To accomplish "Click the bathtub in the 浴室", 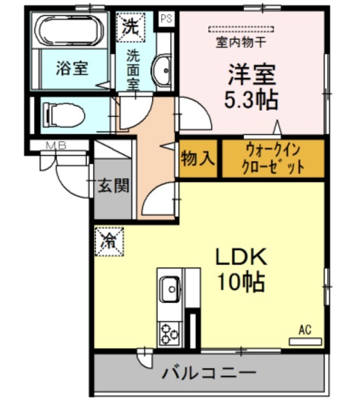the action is pyautogui.click(x=69, y=31).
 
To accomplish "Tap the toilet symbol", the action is pyautogui.click(x=64, y=115).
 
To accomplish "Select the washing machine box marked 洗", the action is pyautogui.click(x=131, y=27).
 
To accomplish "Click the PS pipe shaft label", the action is pyautogui.click(x=166, y=18).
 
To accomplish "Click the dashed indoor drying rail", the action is pyautogui.click(x=241, y=29).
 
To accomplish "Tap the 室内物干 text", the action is pyautogui.click(x=241, y=42).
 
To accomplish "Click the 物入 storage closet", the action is pyautogui.click(x=198, y=159).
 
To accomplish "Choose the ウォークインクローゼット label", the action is pyautogui.click(x=273, y=159).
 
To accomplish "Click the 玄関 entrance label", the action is pyautogui.click(x=114, y=185).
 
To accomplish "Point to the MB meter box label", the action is pyautogui.click(x=56, y=146).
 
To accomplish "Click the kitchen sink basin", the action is pyautogui.click(x=171, y=289).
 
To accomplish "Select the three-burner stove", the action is pyautogui.click(x=169, y=334).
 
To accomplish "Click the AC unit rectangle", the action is pyautogui.click(x=305, y=341).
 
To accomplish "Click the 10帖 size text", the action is pyautogui.click(x=241, y=283).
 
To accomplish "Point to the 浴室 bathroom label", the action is pyautogui.click(x=72, y=68).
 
